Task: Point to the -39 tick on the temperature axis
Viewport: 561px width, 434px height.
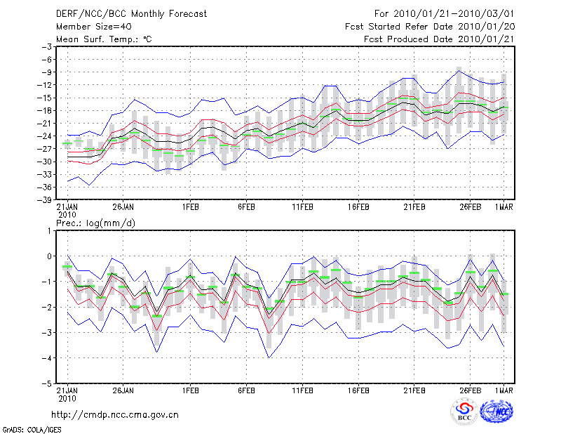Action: coord(45,199)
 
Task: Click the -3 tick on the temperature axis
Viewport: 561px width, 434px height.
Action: coord(47,46)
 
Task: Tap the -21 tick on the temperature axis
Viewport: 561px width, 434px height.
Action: coord(45,123)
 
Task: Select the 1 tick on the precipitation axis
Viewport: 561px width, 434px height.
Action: coord(49,230)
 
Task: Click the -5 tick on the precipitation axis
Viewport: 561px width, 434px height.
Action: coord(47,384)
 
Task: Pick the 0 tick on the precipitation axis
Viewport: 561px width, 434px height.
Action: coord(49,256)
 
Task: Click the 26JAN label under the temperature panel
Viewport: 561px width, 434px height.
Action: coord(123,207)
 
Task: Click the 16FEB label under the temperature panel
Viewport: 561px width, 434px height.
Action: coord(358,207)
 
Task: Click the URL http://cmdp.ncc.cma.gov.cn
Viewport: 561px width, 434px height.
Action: coord(115,414)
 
